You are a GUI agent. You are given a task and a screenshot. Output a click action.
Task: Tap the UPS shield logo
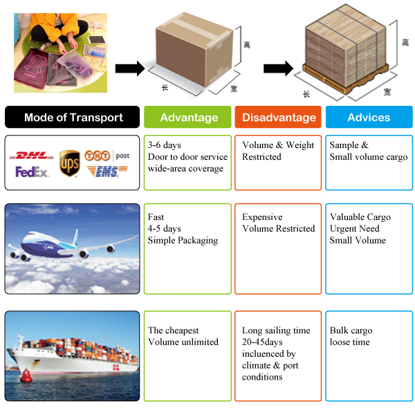pos(69,163)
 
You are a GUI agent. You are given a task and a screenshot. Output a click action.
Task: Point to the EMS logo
pos(108,171)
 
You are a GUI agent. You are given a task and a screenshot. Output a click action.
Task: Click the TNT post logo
pos(108,156)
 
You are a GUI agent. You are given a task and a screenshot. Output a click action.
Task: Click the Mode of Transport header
pos(73,117)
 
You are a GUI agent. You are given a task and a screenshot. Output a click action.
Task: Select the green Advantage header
pos(188,117)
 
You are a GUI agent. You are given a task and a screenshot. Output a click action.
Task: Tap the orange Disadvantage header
pos(277,117)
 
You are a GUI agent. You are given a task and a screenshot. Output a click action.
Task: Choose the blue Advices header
pos(369,117)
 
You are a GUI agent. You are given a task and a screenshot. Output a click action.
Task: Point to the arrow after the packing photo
pos(129,68)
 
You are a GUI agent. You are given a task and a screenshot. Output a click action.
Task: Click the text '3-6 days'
pos(165,145)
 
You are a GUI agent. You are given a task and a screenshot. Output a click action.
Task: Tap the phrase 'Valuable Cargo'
pos(360,217)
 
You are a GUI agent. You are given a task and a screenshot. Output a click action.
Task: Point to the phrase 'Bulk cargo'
pos(351,331)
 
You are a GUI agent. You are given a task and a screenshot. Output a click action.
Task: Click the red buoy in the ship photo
pos(26,376)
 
